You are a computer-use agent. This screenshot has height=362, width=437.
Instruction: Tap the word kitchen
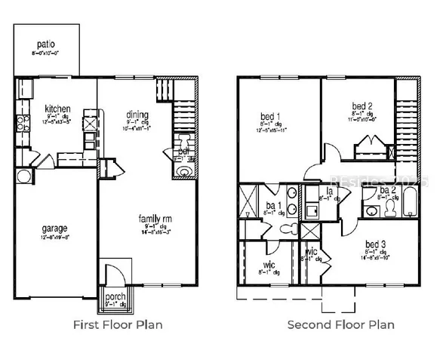[57, 107]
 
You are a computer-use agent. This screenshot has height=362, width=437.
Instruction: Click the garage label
[54, 228]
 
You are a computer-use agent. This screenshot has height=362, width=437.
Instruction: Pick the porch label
[115, 296]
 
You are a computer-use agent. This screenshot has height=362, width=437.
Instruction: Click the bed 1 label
[267, 115]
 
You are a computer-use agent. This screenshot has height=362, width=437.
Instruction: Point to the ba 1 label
[274, 205]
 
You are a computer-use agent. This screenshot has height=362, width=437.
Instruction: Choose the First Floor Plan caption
[117, 325]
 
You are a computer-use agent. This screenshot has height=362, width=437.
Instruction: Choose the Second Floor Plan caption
[340, 325]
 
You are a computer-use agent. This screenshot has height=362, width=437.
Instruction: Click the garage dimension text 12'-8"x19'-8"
[54, 237]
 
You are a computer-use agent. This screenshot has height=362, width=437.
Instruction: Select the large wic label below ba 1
[268, 265]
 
